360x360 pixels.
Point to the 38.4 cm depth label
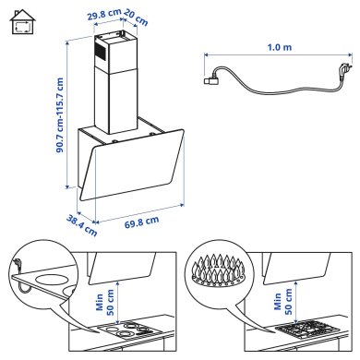[x=79, y=222]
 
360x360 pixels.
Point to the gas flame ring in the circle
[x=219, y=270]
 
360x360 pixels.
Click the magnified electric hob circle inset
[x=46, y=276]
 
